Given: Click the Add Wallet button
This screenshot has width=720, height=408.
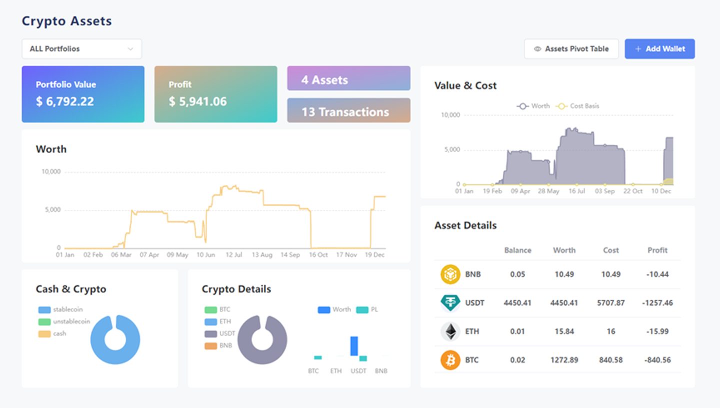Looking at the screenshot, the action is pos(659,49).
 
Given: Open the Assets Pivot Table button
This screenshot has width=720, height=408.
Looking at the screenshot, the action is pos(571,49).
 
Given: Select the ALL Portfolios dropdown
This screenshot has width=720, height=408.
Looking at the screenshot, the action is pos(81,49).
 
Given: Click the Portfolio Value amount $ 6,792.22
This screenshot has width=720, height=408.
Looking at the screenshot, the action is pos(65,101).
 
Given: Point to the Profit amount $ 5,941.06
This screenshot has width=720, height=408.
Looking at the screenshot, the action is pos(197,101).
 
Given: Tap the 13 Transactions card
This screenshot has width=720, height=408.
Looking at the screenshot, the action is pos(349,110).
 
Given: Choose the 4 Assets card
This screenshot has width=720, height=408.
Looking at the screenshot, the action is pos(349,78).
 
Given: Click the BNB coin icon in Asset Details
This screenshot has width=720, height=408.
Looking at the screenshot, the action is pos(450,274).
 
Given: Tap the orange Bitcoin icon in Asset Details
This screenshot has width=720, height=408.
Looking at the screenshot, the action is pos(450,360).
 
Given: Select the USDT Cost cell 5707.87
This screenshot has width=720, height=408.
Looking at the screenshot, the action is pos(610,303).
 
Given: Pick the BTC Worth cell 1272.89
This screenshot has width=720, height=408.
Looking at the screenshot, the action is pos(564,360).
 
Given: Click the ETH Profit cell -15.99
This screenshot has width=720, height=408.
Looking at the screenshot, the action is pos(657,331).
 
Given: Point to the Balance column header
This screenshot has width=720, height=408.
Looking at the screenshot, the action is pos(517,250).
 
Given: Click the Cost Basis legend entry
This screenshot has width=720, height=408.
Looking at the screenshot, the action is pos(578,106).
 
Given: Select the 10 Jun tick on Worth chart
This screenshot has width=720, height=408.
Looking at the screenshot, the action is pos(205,254).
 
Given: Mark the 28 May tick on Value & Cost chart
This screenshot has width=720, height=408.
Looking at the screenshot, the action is pos(548,191).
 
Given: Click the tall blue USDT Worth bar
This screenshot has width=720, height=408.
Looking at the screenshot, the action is pos(354,346).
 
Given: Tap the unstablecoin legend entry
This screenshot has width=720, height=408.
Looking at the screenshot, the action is pos(64,321).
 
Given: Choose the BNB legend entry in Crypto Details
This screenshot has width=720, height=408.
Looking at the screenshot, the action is pos(218,345).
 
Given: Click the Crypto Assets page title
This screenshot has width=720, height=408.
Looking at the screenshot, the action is pos(67,21).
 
